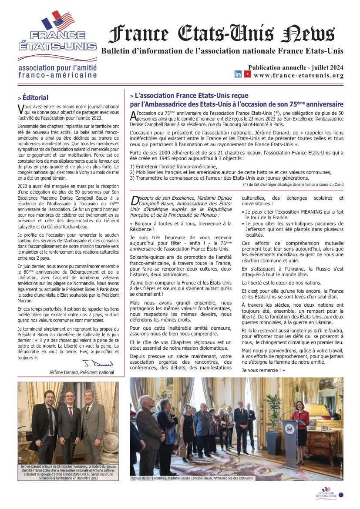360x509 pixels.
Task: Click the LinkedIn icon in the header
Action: point(238,74)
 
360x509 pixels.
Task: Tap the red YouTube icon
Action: point(247,74)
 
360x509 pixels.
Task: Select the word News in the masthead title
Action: point(308,34)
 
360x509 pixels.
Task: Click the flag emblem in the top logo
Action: point(58,20)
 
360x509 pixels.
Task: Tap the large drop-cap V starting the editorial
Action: point(20,108)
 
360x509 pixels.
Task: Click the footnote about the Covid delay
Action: point(293,184)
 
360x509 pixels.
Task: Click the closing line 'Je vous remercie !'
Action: point(263,370)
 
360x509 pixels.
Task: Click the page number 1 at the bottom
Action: point(341,495)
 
